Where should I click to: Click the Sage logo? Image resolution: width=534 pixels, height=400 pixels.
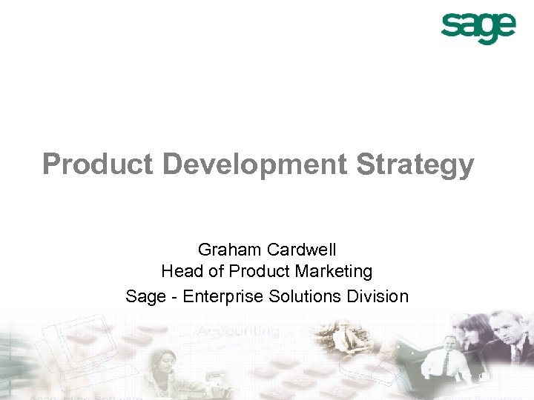click(x=478, y=28)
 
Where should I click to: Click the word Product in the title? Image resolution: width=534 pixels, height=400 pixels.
click(x=98, y=164)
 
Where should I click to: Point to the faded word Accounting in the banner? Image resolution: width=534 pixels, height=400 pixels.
click(x=240, y=332)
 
